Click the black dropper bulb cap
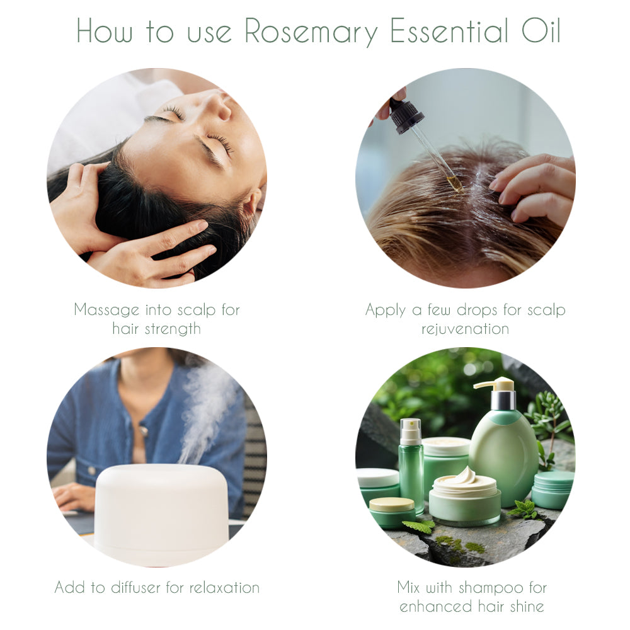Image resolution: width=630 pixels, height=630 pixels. point(406,116)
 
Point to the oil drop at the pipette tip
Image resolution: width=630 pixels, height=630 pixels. point(455,185)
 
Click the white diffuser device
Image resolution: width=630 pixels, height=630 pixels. point(161,513)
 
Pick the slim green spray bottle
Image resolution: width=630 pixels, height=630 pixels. point(411,466)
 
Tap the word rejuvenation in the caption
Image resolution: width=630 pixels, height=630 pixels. point(465,329)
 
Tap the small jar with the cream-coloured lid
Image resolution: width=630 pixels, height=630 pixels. point(391,512)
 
